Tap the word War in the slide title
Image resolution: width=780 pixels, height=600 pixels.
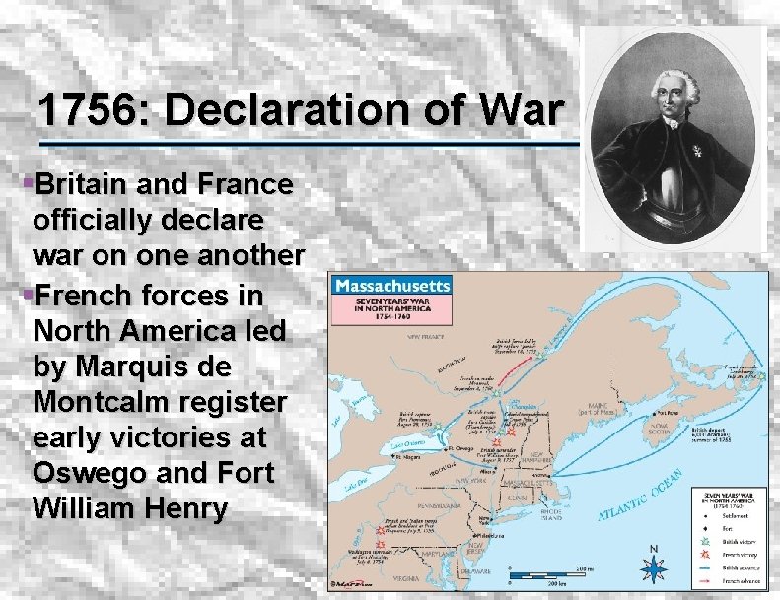click(524, 109)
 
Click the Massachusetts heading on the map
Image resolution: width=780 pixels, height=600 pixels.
click(391, 286)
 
